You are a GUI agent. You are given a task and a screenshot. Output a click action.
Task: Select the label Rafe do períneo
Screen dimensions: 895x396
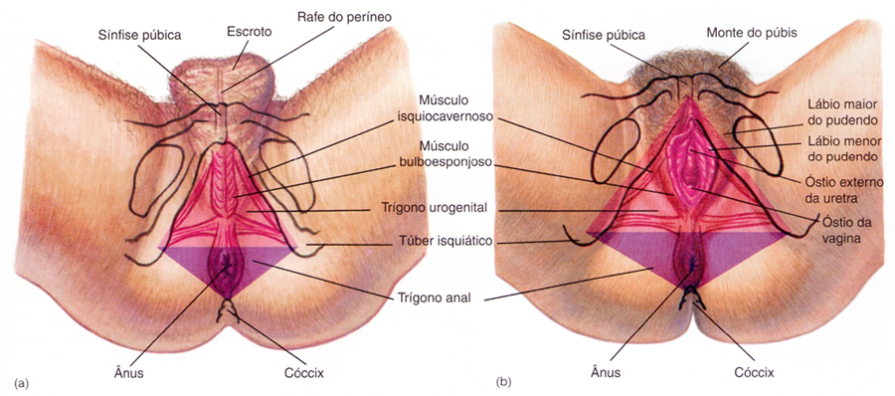coord(344,17)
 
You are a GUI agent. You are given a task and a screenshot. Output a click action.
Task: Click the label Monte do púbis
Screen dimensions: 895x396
coord(751,33)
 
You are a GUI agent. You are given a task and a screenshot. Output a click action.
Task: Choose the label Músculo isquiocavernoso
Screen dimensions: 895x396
coord(445,109)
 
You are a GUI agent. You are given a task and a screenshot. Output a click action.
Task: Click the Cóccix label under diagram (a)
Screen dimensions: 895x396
coord(304,374)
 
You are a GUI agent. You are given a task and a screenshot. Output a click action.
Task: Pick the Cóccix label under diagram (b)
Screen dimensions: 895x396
coord(754,374)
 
